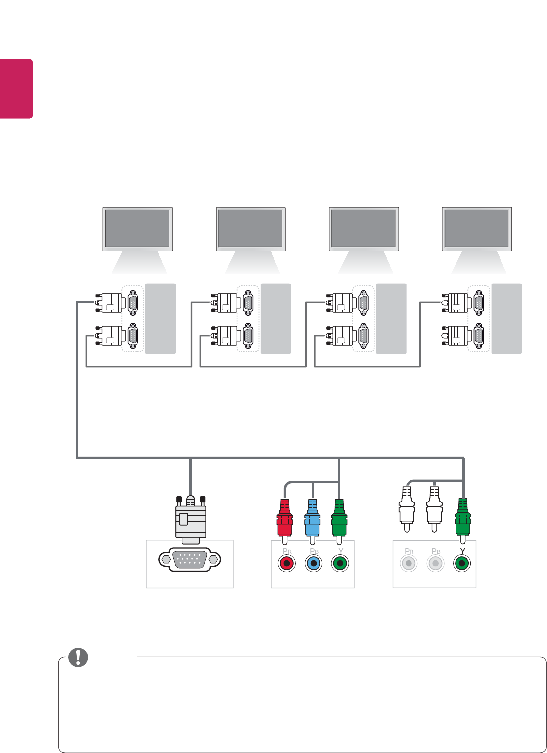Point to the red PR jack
(x=286, y=564)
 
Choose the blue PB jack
(x=313, y=564)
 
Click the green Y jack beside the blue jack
(x=339, y=564)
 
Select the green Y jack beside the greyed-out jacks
(x=462, y=564)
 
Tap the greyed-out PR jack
(x=408, y=564)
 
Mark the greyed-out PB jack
(x=435, y=564)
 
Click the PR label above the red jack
(x=285, y=551)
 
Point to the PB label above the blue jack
(x=314, y=551)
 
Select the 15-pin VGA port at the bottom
(x=190, y=560)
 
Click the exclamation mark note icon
(x=78, y=657)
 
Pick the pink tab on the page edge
(x=16, y=89)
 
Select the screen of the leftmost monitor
(x=137, y=228)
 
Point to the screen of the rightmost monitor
(x=477, y=228)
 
